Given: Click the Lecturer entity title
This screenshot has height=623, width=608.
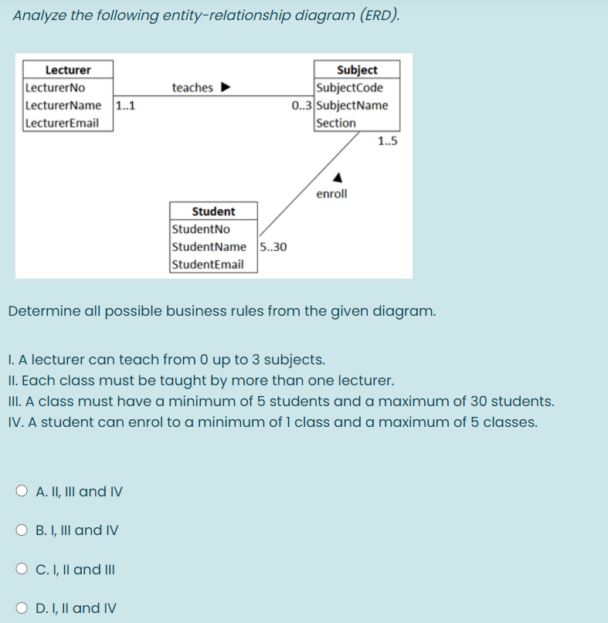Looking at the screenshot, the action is [x=68, y=69].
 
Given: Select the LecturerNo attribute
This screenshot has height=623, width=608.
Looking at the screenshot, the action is [x=56, y=87].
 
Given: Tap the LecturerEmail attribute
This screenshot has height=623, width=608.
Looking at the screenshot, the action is [x=62, y=123].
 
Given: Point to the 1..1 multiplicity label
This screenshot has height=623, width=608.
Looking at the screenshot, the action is [x=125, y=106].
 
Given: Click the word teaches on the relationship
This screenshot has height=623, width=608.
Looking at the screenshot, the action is [x=192, y=87].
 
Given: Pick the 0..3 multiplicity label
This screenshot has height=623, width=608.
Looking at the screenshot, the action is [x=303, y=106].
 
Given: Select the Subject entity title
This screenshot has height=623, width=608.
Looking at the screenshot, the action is [x=357, y=69].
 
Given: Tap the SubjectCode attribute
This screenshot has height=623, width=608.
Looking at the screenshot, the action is [x=350, y=87].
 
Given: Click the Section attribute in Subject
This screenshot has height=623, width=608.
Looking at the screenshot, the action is [x=337, y=123].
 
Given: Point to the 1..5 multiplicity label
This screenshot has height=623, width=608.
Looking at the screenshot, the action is [x=388, y=141].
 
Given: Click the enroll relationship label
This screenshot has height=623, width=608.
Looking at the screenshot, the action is [x=332, y=194].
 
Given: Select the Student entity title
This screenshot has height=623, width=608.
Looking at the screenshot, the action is [x=213, y=211].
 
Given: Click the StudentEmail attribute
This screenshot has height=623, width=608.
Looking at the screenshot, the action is [x=208, y=264].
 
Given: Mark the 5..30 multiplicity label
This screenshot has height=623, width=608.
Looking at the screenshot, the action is [x=273, y=247].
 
